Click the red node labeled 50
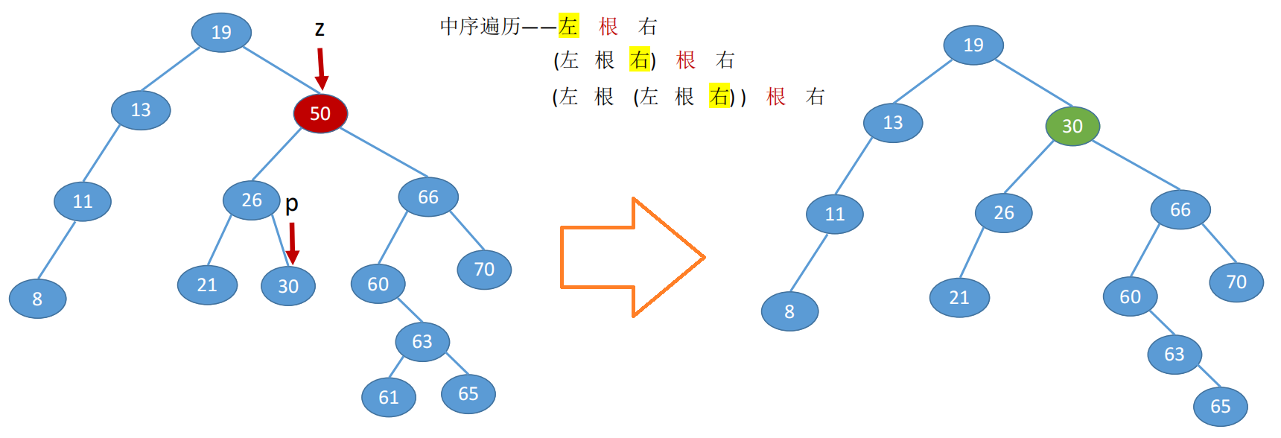[x=320, y=113]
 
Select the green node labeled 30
[x=1072, y=126]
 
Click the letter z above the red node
[x=320, y=29]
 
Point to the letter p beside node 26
[x=292, y=203]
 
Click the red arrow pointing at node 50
[x=321, y=69]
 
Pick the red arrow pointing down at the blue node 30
[x=293, y=243]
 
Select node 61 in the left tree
[x=389, y=397]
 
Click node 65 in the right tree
[x=1220, y=406]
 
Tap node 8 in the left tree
[x=37, y=299]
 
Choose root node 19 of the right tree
[x=973, y=45]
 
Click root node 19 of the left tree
[x=221, y=32]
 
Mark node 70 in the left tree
[x=484, y=269]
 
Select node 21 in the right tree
[x=959, y=298]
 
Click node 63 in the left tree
[x=422, y=341]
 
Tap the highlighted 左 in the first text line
[x=568, y=27]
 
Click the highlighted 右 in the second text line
[x=640, y=60]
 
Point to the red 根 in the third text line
[x=776, y=97]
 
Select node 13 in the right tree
[x=893, y=122]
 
